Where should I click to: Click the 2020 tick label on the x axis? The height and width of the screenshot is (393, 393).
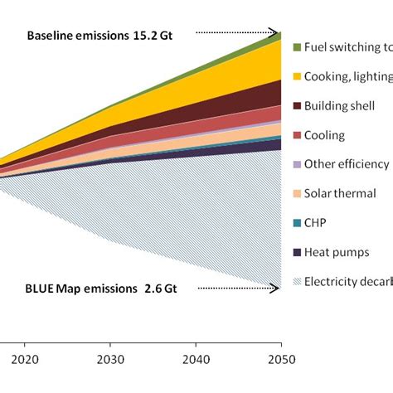[25, 349]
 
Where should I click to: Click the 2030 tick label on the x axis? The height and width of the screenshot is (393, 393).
[110, 349]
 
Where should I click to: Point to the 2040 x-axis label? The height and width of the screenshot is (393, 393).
[196, 349]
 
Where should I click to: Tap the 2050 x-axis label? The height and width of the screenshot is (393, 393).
[281, 349]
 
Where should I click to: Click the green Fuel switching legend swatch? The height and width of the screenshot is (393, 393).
[296, 47]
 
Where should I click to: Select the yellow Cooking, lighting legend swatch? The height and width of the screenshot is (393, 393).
[296, 77]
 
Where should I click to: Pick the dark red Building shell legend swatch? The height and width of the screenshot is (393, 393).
[296, 106]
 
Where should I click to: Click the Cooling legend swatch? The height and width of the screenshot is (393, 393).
[296, 135]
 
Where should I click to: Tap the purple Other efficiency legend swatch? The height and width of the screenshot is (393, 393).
[296, 164]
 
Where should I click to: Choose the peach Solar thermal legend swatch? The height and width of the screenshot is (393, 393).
[296, 193]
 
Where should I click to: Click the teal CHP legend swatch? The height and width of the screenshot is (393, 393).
[296, 222]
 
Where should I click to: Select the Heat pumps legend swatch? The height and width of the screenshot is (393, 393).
[296, 252]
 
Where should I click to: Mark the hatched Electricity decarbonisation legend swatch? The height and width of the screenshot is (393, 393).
[296, 281]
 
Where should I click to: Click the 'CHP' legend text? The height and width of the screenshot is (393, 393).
[317, 222]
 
